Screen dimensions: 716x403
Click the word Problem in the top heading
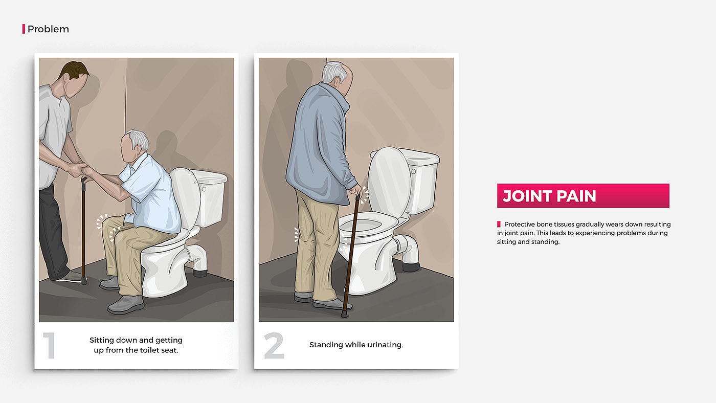click(48, 29)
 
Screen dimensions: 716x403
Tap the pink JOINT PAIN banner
click(583, 195)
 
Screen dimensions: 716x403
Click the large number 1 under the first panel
click(50, 345)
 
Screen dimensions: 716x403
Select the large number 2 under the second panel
click(274, 345)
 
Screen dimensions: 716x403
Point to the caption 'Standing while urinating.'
click(356, 345)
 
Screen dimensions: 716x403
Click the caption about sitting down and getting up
click(136, 345)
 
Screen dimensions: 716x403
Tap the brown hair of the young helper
click(74, 70)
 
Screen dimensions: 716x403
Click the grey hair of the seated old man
click(139, 139)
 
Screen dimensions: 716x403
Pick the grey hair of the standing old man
click(334, 72)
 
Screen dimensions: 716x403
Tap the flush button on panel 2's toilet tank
click(414, 172)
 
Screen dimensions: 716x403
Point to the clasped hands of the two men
click(78, 169)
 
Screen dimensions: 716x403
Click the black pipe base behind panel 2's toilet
click(411, 267)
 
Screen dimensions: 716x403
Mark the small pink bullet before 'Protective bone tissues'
click(499, 225)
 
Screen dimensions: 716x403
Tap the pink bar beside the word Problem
click(24, 29)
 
